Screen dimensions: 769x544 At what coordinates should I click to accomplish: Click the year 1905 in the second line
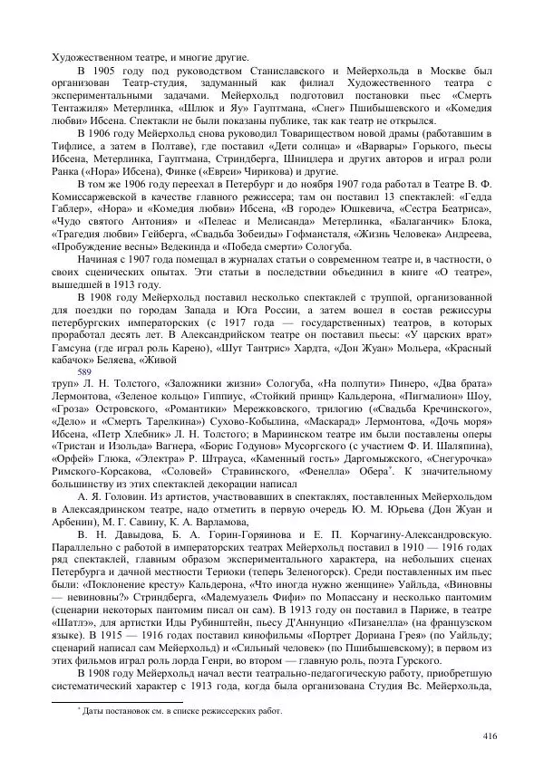(x=109, y=71)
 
